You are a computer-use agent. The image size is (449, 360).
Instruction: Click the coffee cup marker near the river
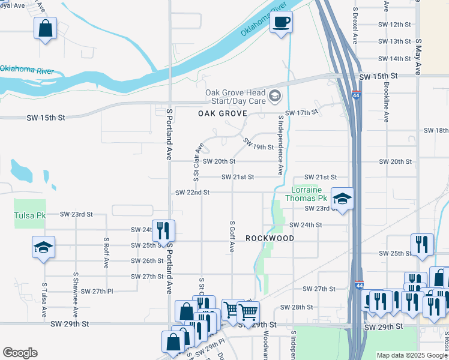[x=281, y=23]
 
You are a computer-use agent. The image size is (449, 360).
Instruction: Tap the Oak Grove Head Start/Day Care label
[x=235, y=96]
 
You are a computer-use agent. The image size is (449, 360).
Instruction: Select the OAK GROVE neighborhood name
[x=223, y=113]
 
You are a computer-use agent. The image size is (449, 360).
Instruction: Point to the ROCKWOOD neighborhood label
[x=270, y=238]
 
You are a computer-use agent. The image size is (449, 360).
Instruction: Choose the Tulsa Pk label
[x=30, y=215]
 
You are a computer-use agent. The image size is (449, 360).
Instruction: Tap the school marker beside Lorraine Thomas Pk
[x=342, y=199]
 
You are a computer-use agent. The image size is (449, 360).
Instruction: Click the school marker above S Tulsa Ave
[x=44, y=247]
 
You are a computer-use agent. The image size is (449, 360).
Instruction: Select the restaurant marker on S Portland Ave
[x=163, y=230]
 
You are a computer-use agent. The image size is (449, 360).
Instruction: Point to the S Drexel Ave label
[x=355, y=27]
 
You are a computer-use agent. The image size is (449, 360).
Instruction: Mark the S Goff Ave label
[x=232, y=236]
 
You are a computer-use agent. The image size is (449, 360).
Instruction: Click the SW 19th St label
[x=259, y=144]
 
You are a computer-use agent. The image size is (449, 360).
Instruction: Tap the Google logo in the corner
[x=20, y=353]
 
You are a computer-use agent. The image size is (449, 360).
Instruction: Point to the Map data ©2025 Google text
[x=412, y=355]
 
